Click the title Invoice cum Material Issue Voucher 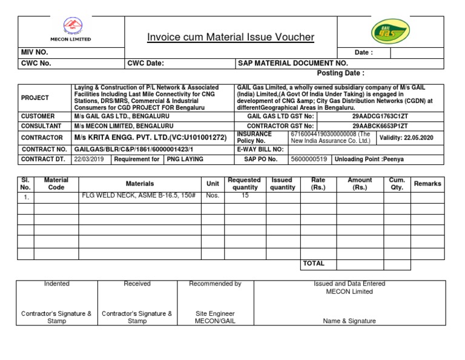tap(231, 38)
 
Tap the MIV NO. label tap(35, 53)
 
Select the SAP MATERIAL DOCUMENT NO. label tap(293, 63)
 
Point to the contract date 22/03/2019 tap(88, 159)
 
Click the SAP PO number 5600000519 tap(309, 159)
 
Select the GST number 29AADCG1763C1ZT tap(380, 116)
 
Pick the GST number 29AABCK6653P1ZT tap(380, 125)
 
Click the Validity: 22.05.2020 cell tap(406, 138)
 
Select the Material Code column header tap(56, 184)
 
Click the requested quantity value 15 tap(245, 196)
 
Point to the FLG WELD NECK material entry tap(139, 196)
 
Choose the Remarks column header tap(427, 184)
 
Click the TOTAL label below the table tap(314, 264)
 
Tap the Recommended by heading tap(215, 284)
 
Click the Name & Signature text tap(349, 321)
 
